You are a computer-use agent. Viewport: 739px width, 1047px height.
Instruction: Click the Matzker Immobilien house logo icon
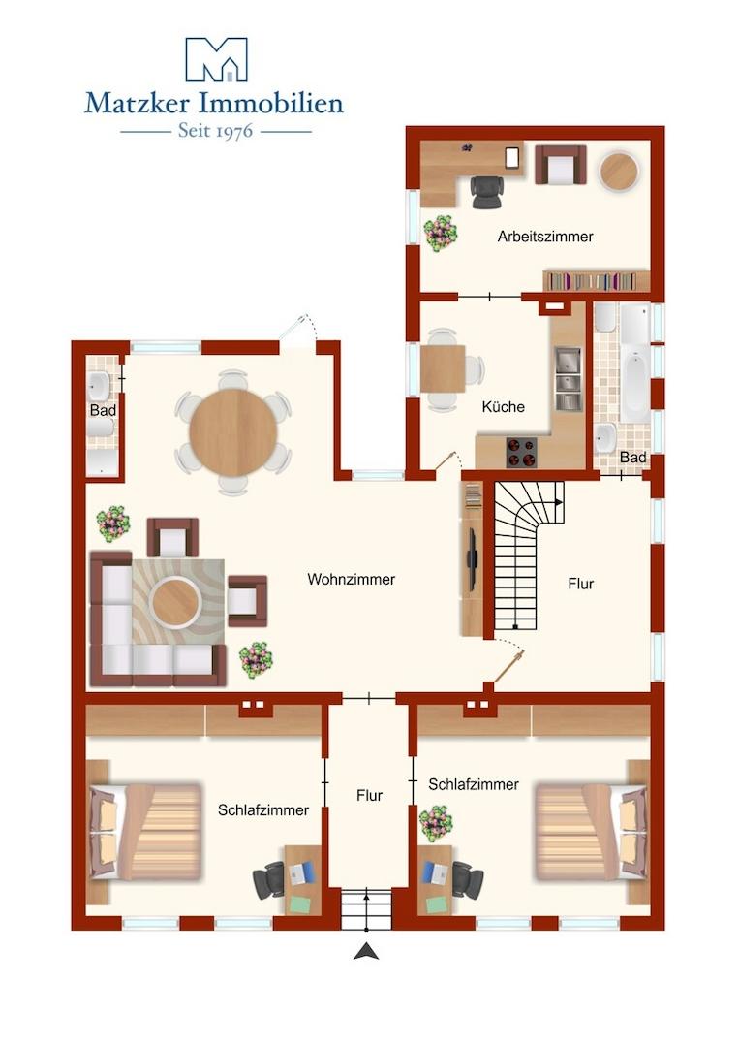216,59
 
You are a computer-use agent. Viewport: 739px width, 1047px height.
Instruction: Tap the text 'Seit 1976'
215,131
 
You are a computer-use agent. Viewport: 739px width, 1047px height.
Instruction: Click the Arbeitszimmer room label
545,237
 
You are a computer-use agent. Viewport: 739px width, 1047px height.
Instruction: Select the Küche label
503,406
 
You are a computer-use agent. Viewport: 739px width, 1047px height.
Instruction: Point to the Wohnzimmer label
351,579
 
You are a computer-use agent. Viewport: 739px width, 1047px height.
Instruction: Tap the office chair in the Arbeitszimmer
488,192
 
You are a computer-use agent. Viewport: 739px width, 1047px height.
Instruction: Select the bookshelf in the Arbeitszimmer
597,281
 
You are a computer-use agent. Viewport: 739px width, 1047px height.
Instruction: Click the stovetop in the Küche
521,452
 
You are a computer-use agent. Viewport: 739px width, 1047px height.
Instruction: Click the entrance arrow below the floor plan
366,951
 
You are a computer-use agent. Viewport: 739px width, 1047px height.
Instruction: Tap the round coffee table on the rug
175,601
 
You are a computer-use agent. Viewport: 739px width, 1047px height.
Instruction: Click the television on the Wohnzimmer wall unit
473,560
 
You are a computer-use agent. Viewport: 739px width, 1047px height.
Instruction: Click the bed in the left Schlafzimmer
144,832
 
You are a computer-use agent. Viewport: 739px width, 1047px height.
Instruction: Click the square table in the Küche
443,368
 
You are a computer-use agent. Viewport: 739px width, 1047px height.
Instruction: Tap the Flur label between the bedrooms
369,795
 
